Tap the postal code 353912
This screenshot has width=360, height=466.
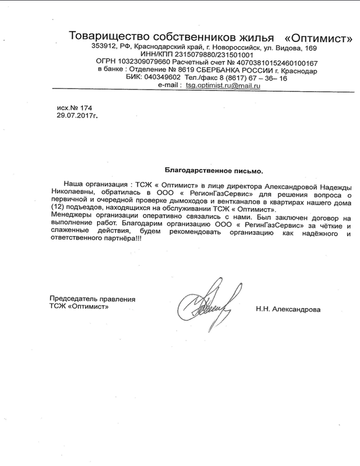click(104, 47)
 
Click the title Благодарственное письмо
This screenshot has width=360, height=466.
click(214, 171)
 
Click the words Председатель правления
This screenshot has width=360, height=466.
click(92, 299)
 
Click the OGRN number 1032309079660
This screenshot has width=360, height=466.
click(147, 63)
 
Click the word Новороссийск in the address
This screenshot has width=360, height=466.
click(241, 47)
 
